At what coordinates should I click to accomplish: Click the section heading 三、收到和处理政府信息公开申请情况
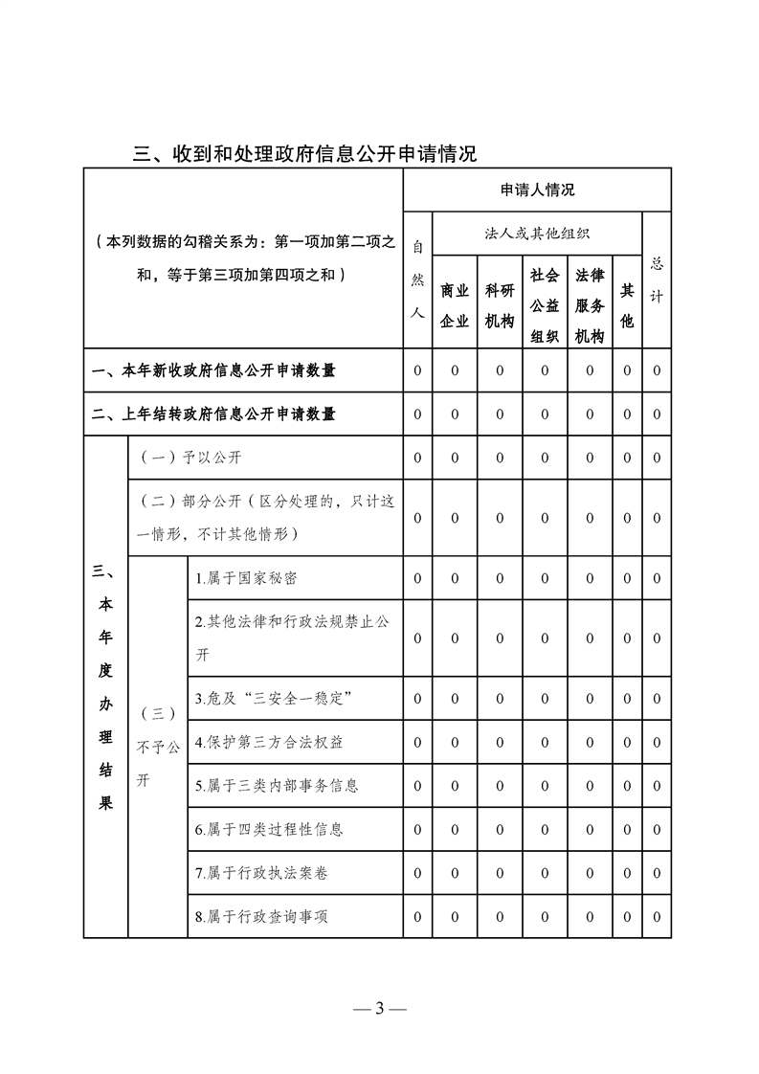coord(304,153)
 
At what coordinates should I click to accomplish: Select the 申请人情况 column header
coord(537,190)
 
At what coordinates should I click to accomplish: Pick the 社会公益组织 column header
coord(545,305)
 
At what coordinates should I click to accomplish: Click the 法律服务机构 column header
coord(590,305)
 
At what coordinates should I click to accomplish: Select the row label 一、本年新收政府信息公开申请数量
coord(213,370)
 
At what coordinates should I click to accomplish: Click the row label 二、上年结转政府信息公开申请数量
coord(213,414)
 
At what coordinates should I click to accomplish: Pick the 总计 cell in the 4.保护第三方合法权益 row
coord(657,742)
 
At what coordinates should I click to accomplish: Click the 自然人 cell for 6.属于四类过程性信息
coord(417,829)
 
